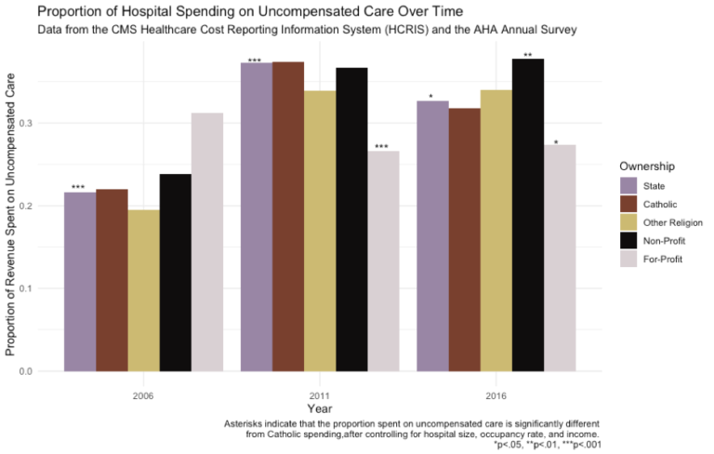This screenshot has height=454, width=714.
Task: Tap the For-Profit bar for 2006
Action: (207, 242)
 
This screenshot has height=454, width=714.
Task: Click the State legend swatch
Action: (629, 185)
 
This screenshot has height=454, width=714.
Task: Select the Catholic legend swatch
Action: (629, 204)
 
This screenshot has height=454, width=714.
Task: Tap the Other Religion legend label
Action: (673, 222)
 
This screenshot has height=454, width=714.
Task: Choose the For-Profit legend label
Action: (663, 259)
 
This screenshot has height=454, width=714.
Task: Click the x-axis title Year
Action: (320, 408)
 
